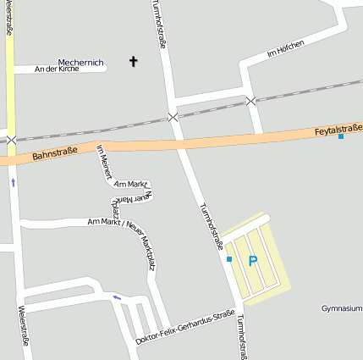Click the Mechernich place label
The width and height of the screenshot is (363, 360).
(x=80, y=62)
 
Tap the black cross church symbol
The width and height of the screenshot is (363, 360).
(x=133, y=61)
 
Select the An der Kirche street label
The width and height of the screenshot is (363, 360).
(x=57, y=69)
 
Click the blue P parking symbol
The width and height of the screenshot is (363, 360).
(x=252, y=261)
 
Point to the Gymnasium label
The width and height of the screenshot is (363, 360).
(x=342, y=308)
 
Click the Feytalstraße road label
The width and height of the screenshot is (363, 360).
(x=338, y=128)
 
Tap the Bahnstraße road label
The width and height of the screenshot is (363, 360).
(x=54, y=154)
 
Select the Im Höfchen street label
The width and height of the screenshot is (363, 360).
(x=284, y=47)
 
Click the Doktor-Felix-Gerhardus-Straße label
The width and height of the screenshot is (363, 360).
(x=184, y=328)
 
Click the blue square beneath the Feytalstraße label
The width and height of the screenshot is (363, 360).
(x=341, y=137)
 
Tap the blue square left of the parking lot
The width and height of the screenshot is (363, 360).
(x=228, y=259)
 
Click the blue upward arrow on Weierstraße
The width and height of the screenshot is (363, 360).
(x=13, y=181)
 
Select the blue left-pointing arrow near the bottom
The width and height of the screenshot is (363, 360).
(x=117, y=296)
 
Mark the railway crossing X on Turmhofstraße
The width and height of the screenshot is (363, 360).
(x=173, y=117)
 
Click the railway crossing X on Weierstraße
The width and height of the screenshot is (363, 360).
(x=10, y=140)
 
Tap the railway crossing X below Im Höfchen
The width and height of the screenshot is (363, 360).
(x=250, y=101)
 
